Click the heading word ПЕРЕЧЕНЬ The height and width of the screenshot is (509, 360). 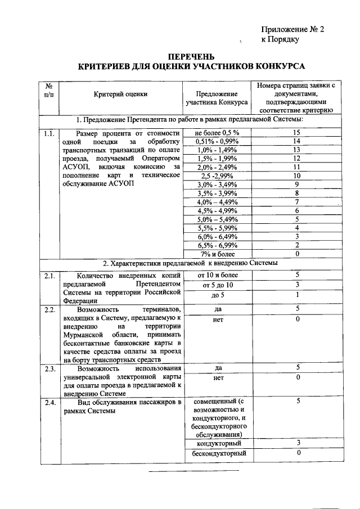click(x=191, y=56)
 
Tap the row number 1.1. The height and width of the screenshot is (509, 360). click(x=48, y=133)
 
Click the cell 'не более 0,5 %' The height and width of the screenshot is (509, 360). click(x=217, y=133)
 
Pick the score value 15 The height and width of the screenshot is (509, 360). click(x=296, y=133)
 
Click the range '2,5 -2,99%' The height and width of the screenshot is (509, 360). click(x=217, y=176)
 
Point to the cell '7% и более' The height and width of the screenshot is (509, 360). click(x=217, y=254)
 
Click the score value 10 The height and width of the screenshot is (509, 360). click(x=296, y=176)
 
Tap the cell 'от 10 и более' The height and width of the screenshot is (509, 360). click(x=217, y=275)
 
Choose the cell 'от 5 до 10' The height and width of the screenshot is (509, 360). click(x=217, y=286)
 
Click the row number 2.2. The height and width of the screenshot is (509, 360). click(x=48, y=310)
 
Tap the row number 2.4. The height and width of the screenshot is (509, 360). click(x=48, y=402)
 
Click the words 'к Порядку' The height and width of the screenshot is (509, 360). click(x=280, y=40)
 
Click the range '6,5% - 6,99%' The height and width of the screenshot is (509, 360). click(x=217, y=245)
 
